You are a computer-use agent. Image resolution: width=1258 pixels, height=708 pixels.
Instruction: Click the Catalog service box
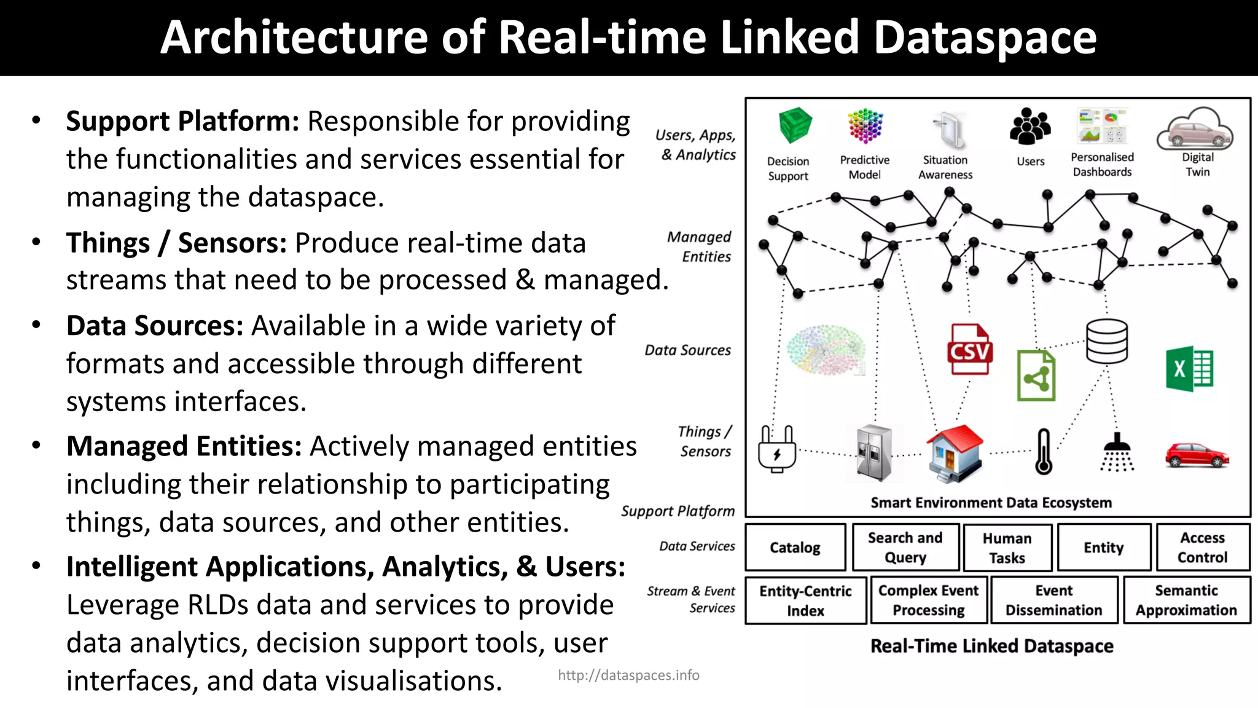point(795,547)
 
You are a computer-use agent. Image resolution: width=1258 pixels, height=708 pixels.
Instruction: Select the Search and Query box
point(905,547)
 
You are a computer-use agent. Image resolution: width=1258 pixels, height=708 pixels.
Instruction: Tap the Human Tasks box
point(1007,548)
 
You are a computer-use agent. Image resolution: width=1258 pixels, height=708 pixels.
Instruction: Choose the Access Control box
point(1203,547)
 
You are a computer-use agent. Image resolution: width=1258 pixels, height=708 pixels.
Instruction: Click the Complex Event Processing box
point(928,600)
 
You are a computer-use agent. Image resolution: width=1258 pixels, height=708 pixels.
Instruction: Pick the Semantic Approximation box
point(1186,600)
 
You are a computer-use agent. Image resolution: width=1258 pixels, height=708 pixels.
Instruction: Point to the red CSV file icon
point(969,350)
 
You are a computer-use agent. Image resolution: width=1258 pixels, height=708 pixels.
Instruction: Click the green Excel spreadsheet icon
point(1189,369)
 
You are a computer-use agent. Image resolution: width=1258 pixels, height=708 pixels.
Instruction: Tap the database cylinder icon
point(1106,342)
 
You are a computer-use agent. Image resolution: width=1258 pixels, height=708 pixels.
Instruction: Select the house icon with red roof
point(954,454)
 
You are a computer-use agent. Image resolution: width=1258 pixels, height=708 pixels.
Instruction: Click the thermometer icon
point(1044,452)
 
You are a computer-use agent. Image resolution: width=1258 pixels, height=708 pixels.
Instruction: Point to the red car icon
point(1197,455)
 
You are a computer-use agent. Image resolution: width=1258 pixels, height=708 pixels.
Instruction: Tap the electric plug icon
point(777,449)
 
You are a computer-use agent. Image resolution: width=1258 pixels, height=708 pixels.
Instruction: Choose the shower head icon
point(1117,452)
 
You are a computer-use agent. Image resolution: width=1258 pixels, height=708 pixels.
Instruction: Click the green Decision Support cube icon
point(795,125)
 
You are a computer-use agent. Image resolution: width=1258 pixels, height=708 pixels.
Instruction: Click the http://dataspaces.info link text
point(628,675)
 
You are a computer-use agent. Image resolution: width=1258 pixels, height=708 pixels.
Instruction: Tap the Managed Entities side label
point(700,246)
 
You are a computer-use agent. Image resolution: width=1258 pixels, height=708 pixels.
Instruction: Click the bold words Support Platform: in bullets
point(182,121)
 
